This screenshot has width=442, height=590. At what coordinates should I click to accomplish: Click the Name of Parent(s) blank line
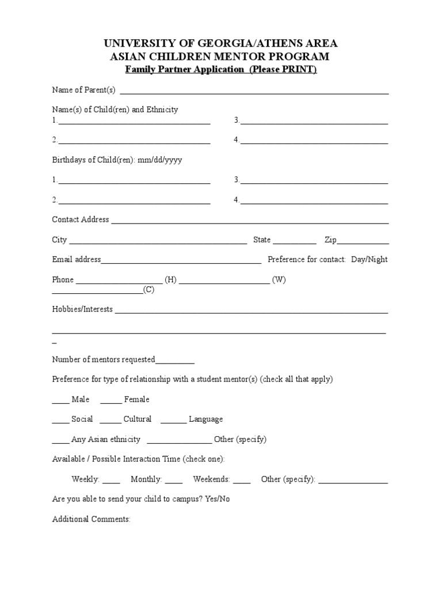point(254,92)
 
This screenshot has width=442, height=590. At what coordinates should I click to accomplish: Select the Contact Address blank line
point(250,222)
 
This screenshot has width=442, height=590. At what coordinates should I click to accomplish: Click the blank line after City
point(158,243)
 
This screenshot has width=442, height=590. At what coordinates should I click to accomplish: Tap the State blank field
point(295,243)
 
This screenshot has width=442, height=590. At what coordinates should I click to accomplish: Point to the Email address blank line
point(181,262)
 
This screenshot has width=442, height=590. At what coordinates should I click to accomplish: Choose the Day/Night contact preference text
point(369,260)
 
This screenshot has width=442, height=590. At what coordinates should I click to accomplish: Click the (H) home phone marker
point(171,280)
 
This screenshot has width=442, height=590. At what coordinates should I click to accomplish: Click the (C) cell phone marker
point(149,290)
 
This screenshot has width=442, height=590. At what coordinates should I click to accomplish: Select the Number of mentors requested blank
point(175,362)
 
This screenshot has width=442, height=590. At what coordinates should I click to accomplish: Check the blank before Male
point(60,402)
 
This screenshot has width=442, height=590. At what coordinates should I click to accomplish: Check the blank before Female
point(111,402)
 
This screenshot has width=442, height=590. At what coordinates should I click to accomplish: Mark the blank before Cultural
point(111,422)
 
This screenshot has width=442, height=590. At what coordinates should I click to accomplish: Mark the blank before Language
point(173,422)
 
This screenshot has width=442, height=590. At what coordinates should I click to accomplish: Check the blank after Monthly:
point(174,482)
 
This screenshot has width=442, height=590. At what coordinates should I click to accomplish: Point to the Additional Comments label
point(92,519)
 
